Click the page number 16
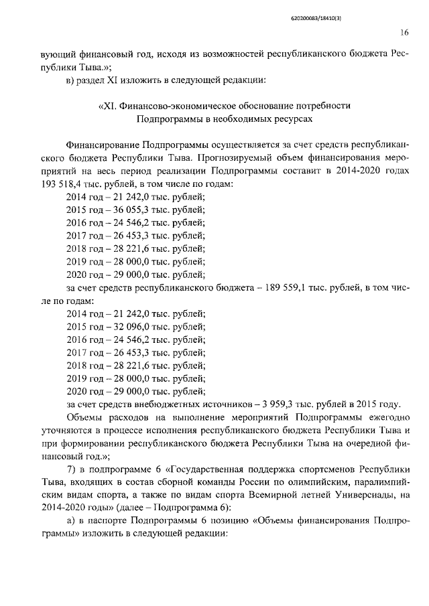pos(405,31)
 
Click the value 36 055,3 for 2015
pos(133,210)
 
